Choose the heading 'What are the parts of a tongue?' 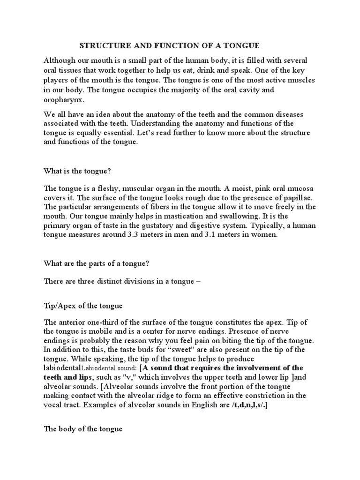coord(96,263)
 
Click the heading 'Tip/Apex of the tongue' coord(83,306)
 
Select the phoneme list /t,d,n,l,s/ coord(248,406)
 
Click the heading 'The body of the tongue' coord(83,429)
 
